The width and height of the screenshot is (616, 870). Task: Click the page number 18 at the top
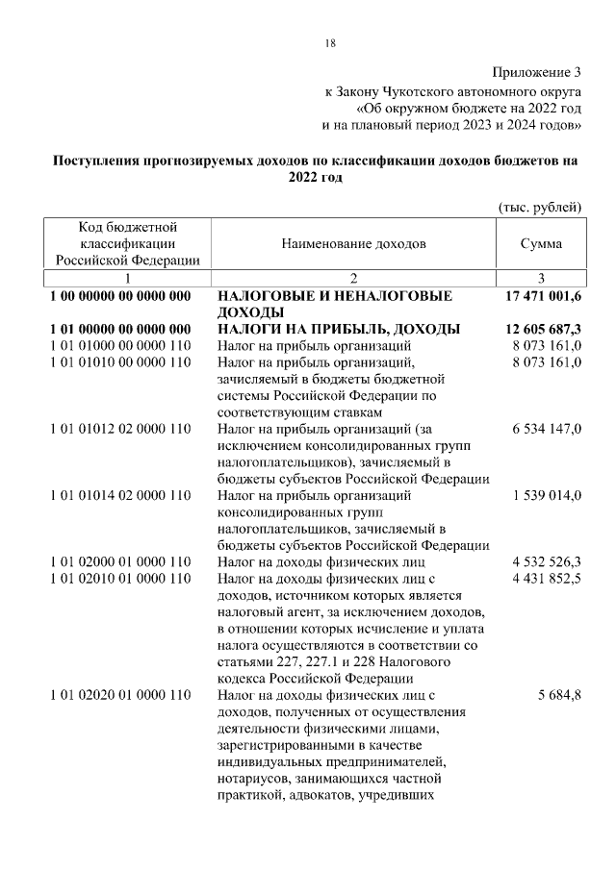(x=329, y=43)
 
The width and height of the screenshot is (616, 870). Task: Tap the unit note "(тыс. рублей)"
(x=539, y=207)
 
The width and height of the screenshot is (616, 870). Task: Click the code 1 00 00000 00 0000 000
(x=120, y=297)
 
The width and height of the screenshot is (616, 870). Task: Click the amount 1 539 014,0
(x=546, y=496)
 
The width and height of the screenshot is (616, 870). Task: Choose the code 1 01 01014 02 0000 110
(x=120, y=496)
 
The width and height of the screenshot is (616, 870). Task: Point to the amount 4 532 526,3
(x=546, y=562)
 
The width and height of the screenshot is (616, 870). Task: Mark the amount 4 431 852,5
(x=546, y=579)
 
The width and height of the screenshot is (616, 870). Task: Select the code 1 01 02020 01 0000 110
(x=120, y=696)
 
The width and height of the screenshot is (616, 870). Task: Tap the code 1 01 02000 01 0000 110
(x=120, y=562)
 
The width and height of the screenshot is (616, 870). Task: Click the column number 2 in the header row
(x=353, y=279)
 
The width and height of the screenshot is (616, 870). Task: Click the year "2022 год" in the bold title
(x=315, y=179)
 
